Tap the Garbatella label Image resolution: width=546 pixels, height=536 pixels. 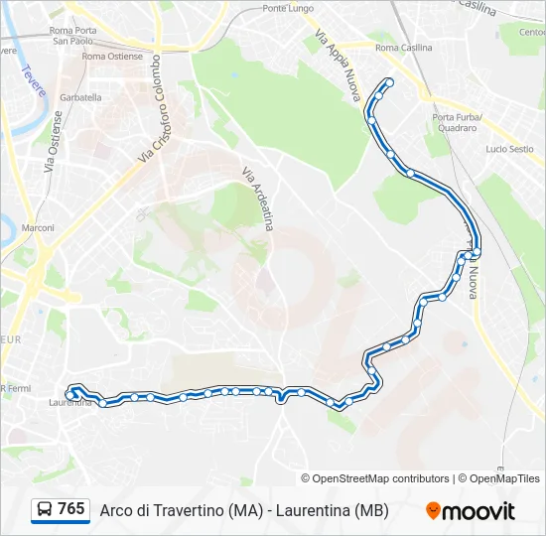[80, 98]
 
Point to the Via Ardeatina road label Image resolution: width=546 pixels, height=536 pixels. [257, 199]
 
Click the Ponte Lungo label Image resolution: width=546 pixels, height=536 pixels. [288, 9]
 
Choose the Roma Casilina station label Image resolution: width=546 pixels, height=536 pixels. [404, 48]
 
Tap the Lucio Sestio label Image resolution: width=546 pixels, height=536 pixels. [509, 149]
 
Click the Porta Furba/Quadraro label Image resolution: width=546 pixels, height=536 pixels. [457, 122]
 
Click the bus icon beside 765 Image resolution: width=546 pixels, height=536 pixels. [45, 510]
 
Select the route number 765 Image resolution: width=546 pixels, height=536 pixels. [71, 509]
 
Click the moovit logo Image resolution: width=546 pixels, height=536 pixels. [471, 511]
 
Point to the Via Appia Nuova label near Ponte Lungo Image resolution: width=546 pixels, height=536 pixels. [337, 67]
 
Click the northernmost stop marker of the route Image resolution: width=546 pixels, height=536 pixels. [389, 82]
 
